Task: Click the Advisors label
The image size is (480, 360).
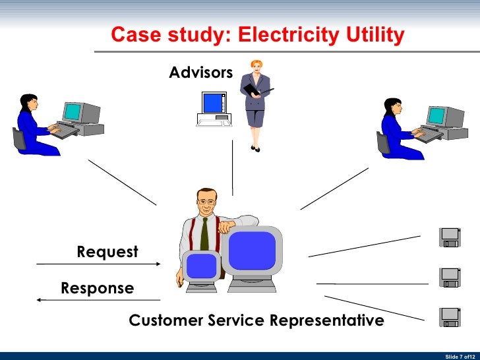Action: click(x=200, y=72)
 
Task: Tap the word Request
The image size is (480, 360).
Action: click(x=107, y=252)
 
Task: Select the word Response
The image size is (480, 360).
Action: click(x=97, y=288)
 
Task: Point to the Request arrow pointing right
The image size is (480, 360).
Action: click(x=99, y=264)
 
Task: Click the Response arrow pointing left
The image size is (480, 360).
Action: click(x=99, y=300)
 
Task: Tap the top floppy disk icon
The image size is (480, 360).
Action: click(x=450, y=237)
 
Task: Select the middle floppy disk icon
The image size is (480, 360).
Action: click(x=450, y=277)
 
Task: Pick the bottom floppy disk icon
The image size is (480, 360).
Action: click(x=450, y=317)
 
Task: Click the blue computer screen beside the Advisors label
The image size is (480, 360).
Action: click(x=213, y=103)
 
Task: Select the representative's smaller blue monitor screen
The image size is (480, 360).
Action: click(x=201, y=266)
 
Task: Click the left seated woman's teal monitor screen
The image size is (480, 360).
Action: click(x=72, y=111)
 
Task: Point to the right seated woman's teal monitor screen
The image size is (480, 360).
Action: click(x=436, y=116)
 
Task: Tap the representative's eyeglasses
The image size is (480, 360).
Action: click(x=206, y=200)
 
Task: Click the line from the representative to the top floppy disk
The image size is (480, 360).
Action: click(x=364, y=246)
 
